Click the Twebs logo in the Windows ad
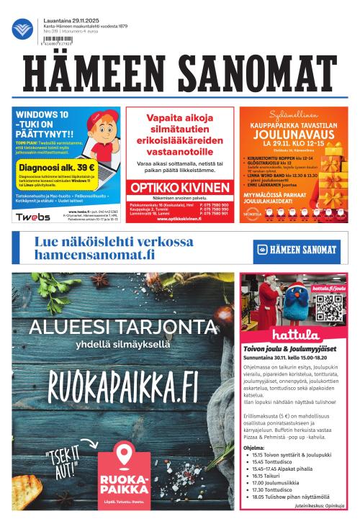pyautogui.click(x=33, y=217)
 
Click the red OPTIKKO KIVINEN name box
pyautogui.click(x=179, y=187)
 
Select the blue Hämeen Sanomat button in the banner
pyautogui.click(x=295, y=250)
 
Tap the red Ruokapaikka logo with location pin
pyautogui.click(x=123, y=468)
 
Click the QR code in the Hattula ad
pyautogui.click(x=328, y=306)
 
